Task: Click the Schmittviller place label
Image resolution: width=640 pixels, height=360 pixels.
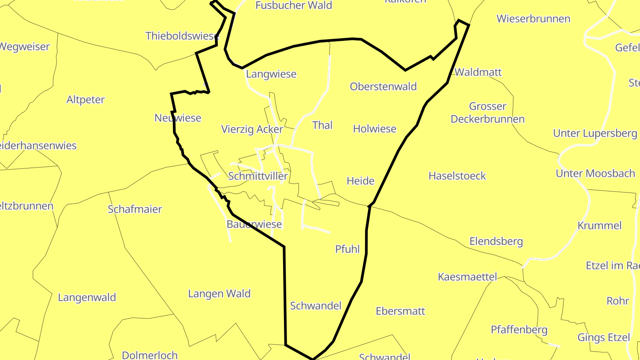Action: (x=258, y=176)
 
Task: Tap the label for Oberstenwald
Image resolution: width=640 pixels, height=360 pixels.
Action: (x=383, y=87)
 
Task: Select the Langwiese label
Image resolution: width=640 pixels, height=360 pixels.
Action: (x=271, y=74)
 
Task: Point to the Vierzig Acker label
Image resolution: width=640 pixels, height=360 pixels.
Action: (x=252, y=129)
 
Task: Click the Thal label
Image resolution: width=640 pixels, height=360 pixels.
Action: (x=322, y=125)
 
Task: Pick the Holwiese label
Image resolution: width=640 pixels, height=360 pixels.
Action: (x=374, y=129)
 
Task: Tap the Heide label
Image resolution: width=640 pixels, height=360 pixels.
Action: (x=360, y=181)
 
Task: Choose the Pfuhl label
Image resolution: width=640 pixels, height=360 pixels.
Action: (x=347, y=249)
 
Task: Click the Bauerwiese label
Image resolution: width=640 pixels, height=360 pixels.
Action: (x=254, y=224)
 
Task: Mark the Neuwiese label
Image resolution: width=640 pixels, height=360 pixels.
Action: (x=178, y=118)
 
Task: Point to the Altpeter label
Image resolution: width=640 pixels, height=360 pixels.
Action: (x=85, y=100)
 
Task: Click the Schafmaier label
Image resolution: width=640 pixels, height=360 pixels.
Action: (x=135, y=209)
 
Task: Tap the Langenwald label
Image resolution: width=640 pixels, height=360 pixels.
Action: (x=87, y=297)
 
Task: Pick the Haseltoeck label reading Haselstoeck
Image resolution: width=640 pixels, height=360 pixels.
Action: (x=457, y=176)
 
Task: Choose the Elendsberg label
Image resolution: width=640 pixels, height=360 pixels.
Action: (x=496, y=241)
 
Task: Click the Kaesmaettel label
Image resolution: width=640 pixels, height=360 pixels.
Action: (x=467, y=277)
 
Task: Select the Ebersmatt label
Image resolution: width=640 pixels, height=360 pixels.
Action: (x=400, y=311)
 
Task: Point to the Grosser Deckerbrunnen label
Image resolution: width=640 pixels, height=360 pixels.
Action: (x=488, y=113)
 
